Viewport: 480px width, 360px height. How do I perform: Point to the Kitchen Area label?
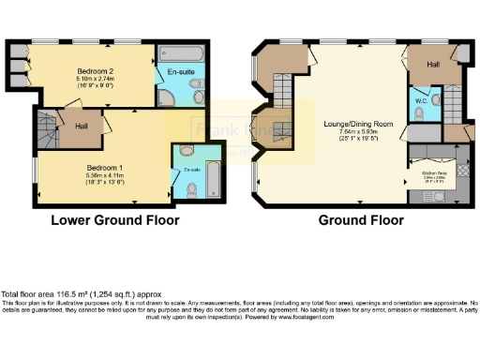click(433, 172)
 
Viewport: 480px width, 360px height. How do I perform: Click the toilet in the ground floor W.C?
click(421, 113)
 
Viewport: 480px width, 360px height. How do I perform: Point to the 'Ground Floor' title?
click(361, 222)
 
